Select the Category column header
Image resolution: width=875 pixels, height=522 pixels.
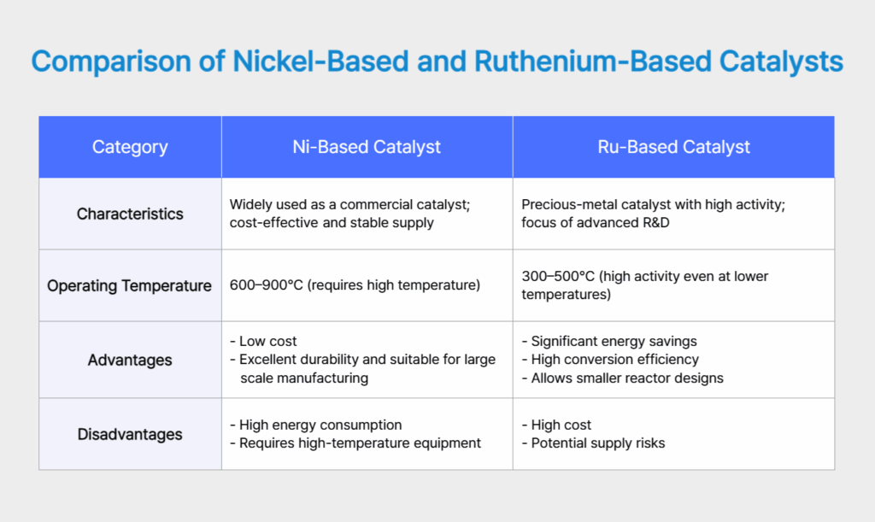pyautogui.click(x=130, y=147)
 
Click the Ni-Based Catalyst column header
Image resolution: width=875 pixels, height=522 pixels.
pyautogui.click(x=367, y=147)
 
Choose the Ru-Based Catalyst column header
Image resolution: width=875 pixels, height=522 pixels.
pyautogui.click(x=673, y=147)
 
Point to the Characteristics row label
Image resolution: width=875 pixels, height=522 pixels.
pyautogui.click(x=130, y=214)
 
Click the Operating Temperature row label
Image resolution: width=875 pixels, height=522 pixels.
pyautogui.click(x=130, y=285)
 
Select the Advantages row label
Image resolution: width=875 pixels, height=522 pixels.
pyautogui.click(x=130, y=360)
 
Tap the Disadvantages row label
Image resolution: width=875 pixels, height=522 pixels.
pyautogui.click(x=130, y=434)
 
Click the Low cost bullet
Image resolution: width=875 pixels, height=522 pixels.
pyautogui.click(x=267, y=341)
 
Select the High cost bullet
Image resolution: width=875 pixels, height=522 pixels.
pyautogui.click(x=561, y=425)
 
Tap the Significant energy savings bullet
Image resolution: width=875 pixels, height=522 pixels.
pyautogui.click(x=614, y=341)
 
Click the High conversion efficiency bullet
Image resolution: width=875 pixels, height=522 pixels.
pyautogui.click(x=614, y=360)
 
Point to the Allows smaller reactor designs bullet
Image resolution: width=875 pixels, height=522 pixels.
pyautogui.click(x=626, y=378)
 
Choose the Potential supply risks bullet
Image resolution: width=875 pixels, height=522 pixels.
pyautogui.click(x=597, y=443)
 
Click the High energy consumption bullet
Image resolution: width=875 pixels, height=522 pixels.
pyautogui.click(x=320, y=425)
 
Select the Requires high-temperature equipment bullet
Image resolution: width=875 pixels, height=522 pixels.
pyautogui.click(x=359, y=443)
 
